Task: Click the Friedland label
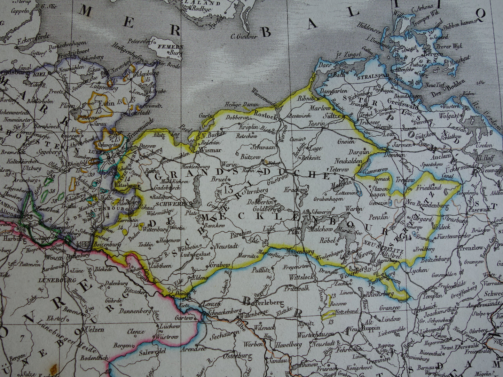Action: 429,187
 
